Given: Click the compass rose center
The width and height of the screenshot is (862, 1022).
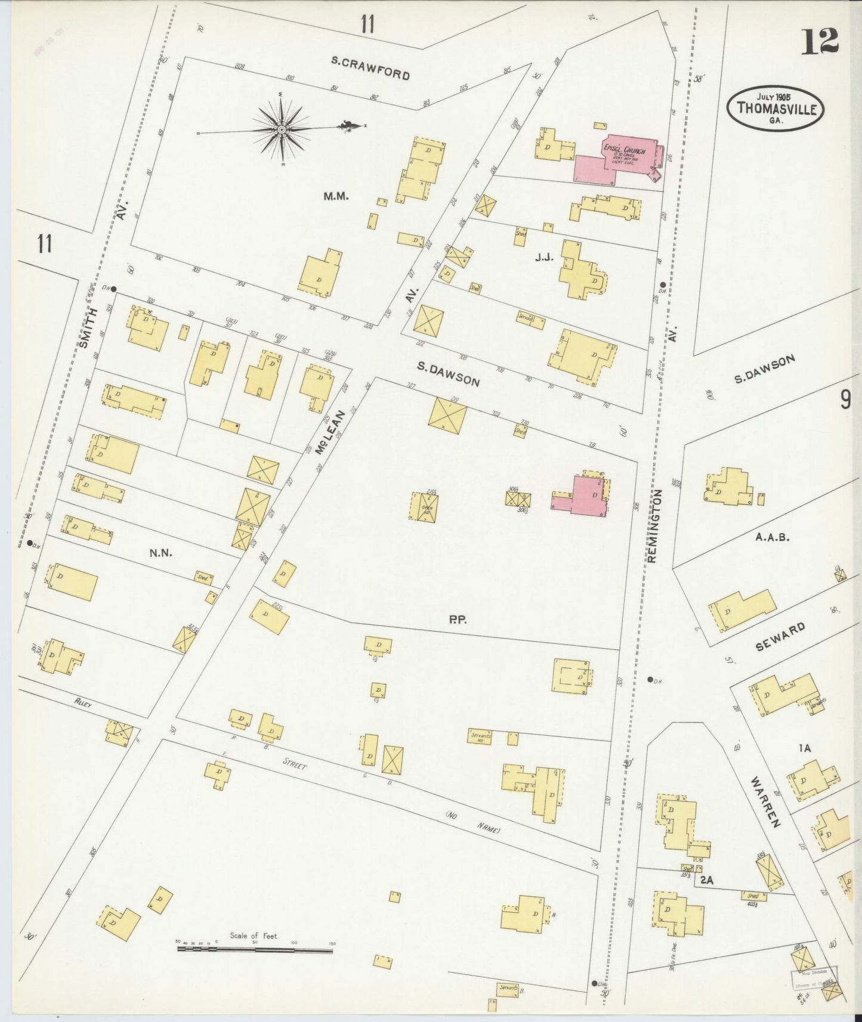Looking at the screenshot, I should point(281,128).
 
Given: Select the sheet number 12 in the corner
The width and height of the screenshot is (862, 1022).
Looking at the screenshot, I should point(820,41).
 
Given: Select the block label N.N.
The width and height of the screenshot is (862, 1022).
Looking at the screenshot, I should point(160,553).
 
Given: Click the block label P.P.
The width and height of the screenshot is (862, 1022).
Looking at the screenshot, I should point(458,620).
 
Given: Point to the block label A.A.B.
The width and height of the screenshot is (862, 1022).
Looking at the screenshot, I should point(772,537).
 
